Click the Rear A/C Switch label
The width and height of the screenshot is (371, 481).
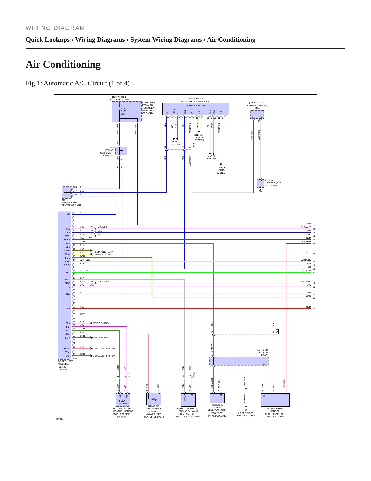[x=195, y=106]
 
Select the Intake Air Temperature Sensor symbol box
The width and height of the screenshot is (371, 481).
[x=154, y=399]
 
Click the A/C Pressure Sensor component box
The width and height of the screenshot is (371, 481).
[x=275, y=400]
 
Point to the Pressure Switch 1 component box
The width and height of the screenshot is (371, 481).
[x=217, y=398]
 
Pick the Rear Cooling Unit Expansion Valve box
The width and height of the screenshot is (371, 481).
[x=188, y=400]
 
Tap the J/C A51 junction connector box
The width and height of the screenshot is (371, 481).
[x=239, y=361]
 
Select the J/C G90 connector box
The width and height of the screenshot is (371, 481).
[x=260, y=183]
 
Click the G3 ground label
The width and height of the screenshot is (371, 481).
[x=261, y=191]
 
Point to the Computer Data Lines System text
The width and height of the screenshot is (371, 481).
[x=104, y=253]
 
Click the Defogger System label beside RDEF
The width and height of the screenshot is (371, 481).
[x=104, y=349]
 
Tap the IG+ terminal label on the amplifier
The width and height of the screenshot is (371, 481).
[x=68, y=214]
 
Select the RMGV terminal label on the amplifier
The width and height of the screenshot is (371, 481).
[x=67, y=280]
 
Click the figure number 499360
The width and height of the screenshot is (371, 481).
[x=60, y=419]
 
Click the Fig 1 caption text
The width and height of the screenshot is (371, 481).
[x=78, y=83]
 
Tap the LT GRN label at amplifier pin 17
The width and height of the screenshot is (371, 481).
[x=84, y=271]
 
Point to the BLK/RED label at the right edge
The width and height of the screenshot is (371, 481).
[x=306, y=242]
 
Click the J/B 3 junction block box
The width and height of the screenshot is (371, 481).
[x=121, y=151]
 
